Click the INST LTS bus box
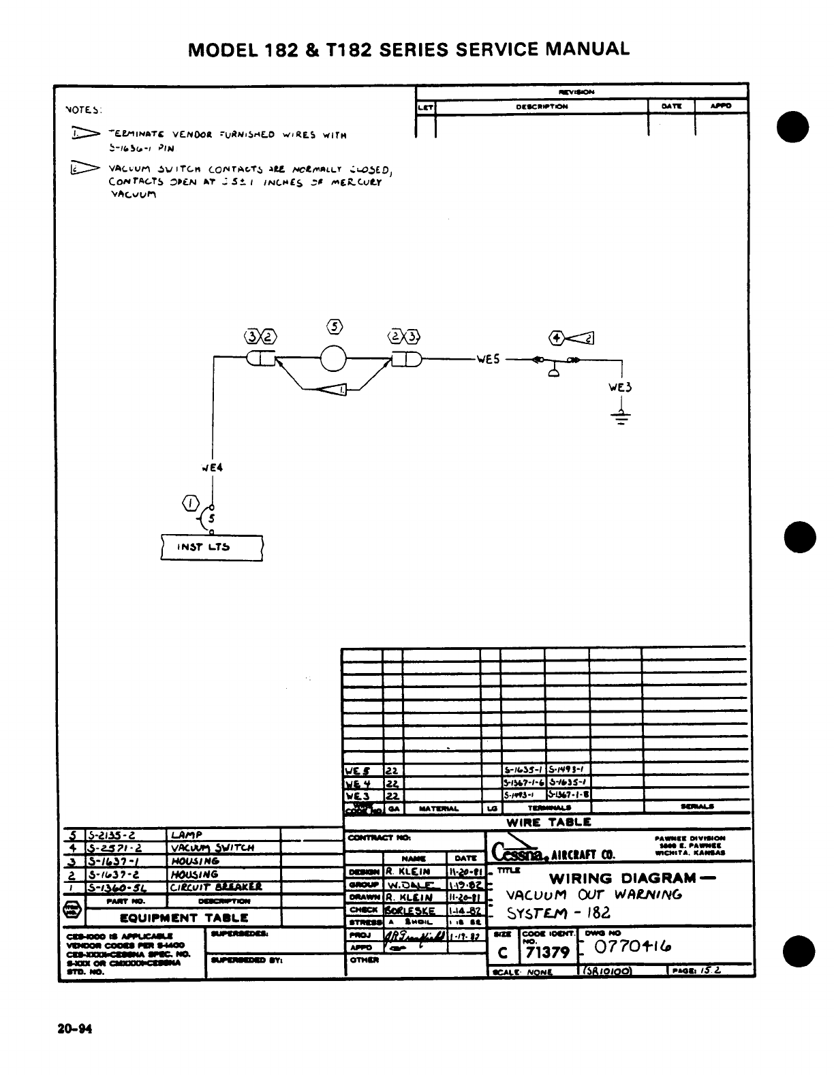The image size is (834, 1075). tap(212, 546)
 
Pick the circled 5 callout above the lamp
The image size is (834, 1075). tap(333, 326)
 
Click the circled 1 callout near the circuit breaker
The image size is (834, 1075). tap(190, 504)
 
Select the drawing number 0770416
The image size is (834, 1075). tap(632, 947)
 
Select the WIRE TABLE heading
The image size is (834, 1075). tap(549, 822)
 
